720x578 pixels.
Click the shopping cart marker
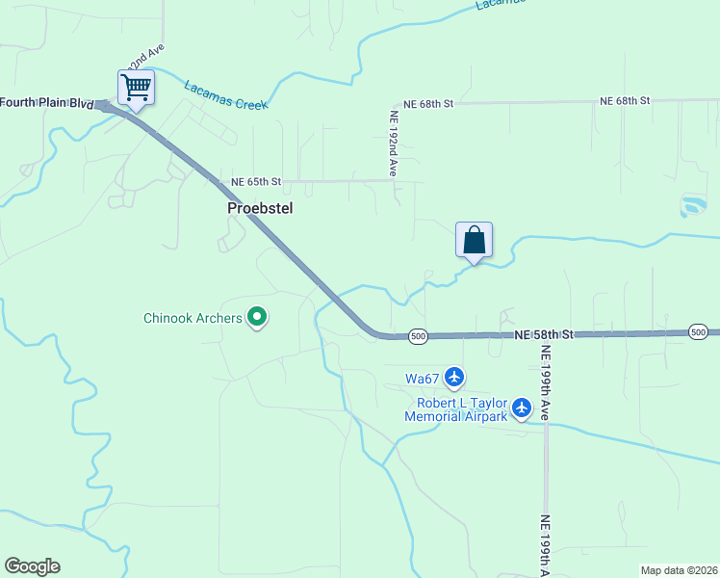coord(136,88)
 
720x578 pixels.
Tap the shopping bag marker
coord(474,240)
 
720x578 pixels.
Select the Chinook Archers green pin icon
coord(257,316)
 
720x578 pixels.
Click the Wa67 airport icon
coord(454,376)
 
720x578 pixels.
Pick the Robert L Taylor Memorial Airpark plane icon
coord(522,408)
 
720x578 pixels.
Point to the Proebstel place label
coord(260,207)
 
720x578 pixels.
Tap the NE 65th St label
coord(256,181)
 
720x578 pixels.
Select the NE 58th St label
coord(544,334)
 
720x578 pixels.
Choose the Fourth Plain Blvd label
coord(46,103)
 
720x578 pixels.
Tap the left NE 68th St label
coord(429,102)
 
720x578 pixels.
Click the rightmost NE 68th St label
coord(626,100)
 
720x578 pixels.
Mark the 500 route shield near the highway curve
coord(417,336)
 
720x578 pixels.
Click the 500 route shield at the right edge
coord(700,332)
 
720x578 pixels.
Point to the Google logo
coord(32,566)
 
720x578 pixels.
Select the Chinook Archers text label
coord(193,318)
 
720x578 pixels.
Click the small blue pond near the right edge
coord(691,205)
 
